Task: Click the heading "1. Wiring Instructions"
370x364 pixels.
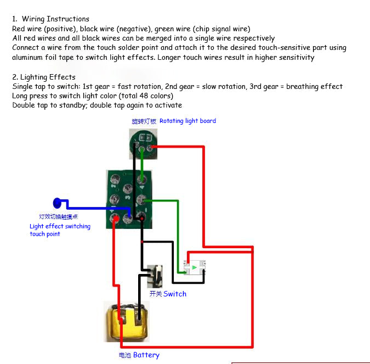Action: [50, 19]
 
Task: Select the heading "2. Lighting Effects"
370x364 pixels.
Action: [44, 77]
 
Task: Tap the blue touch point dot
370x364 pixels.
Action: [58, 203]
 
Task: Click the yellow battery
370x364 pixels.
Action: [126, 321]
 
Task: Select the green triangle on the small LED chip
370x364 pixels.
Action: [195, 267]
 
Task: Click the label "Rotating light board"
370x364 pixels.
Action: [187, 121]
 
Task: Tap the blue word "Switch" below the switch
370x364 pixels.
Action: [175, 294]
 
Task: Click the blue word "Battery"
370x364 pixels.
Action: [146, 355]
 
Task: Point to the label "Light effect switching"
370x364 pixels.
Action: [60, 226]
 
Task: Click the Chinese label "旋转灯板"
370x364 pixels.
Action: [144, 121]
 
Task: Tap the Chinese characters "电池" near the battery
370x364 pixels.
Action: [125, 355]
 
